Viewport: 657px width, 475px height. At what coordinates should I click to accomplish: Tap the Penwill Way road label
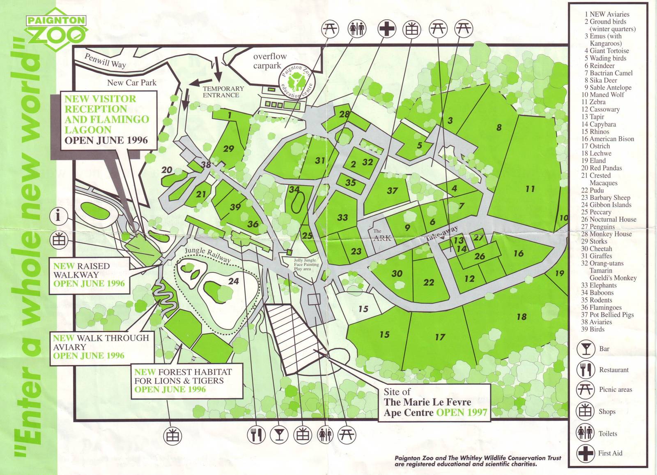pos(105,60)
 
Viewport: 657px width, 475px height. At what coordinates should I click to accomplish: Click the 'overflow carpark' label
pos(269,61)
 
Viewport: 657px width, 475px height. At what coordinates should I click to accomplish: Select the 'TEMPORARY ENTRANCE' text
pos(223,92)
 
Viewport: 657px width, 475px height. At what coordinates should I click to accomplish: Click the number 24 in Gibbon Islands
pos(233,281)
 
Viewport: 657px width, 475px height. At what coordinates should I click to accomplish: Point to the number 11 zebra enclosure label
pos(530,189)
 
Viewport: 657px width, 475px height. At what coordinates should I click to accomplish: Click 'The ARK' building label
pos(381,235)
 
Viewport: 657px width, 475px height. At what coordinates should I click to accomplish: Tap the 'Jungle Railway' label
pos(207,255)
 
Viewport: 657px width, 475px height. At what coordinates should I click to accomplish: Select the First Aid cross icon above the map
pos(386,29)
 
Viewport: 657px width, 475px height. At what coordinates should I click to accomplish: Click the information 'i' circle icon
pos(58,215)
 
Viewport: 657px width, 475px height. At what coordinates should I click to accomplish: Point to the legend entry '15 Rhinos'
pos(595,132)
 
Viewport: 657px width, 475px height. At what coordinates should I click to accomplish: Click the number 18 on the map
pos(521,317)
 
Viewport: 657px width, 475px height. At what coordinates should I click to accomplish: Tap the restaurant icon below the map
pos(257,435)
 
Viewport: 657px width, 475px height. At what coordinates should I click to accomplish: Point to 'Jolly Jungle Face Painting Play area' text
pos(305,264)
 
